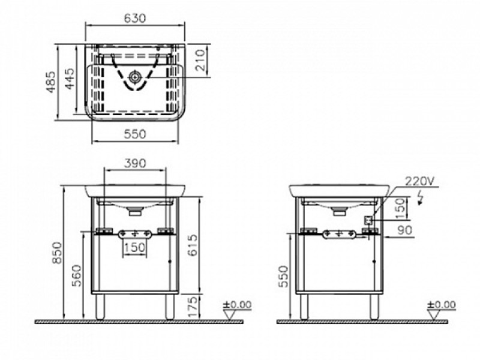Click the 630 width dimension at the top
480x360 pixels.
coord(134,19)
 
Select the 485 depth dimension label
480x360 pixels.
coord(51,82)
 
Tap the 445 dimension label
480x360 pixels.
coord(70,79)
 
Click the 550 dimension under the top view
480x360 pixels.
coord(135,134)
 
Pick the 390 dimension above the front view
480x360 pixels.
coord(135,163)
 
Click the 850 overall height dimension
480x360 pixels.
coord(57,253)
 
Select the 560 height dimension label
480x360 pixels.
coord(78,275)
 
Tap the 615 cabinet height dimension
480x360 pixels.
coord(193,245)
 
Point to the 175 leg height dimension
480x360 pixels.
coord(193,307)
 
